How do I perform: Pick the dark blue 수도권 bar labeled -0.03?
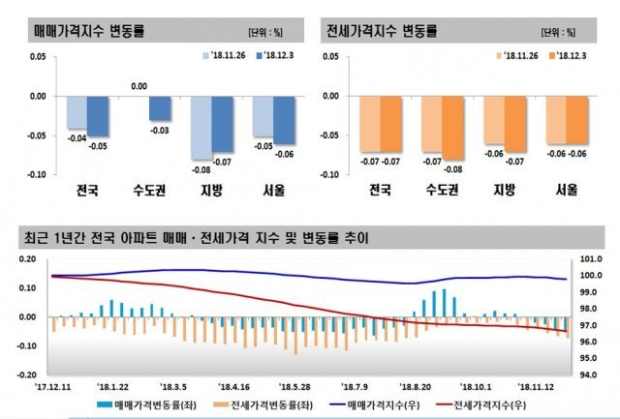(160, 108)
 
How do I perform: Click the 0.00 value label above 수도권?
(139, 87)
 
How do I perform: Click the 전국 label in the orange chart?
(379, 191)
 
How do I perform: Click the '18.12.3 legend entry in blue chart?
(275, 58)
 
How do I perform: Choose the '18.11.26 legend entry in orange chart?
(513, 58)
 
